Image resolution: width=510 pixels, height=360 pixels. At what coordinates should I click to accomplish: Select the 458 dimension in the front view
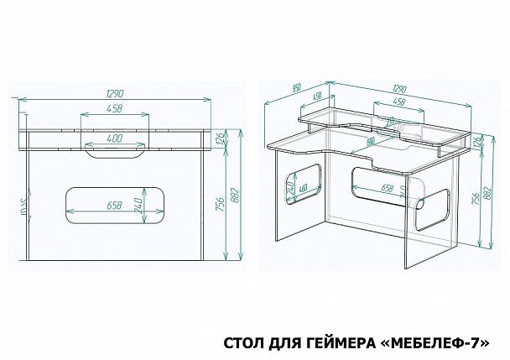117,108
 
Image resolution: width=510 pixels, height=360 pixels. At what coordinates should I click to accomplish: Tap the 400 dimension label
117,137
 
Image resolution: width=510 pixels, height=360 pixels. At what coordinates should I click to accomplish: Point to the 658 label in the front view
118,204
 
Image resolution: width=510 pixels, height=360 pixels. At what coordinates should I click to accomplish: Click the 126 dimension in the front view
221,139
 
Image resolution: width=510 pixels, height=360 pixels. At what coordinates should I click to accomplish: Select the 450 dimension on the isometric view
318,97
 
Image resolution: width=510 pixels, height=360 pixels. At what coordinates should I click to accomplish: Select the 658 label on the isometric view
388,188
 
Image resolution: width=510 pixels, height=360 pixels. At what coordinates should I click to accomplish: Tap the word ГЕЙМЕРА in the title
345,343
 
